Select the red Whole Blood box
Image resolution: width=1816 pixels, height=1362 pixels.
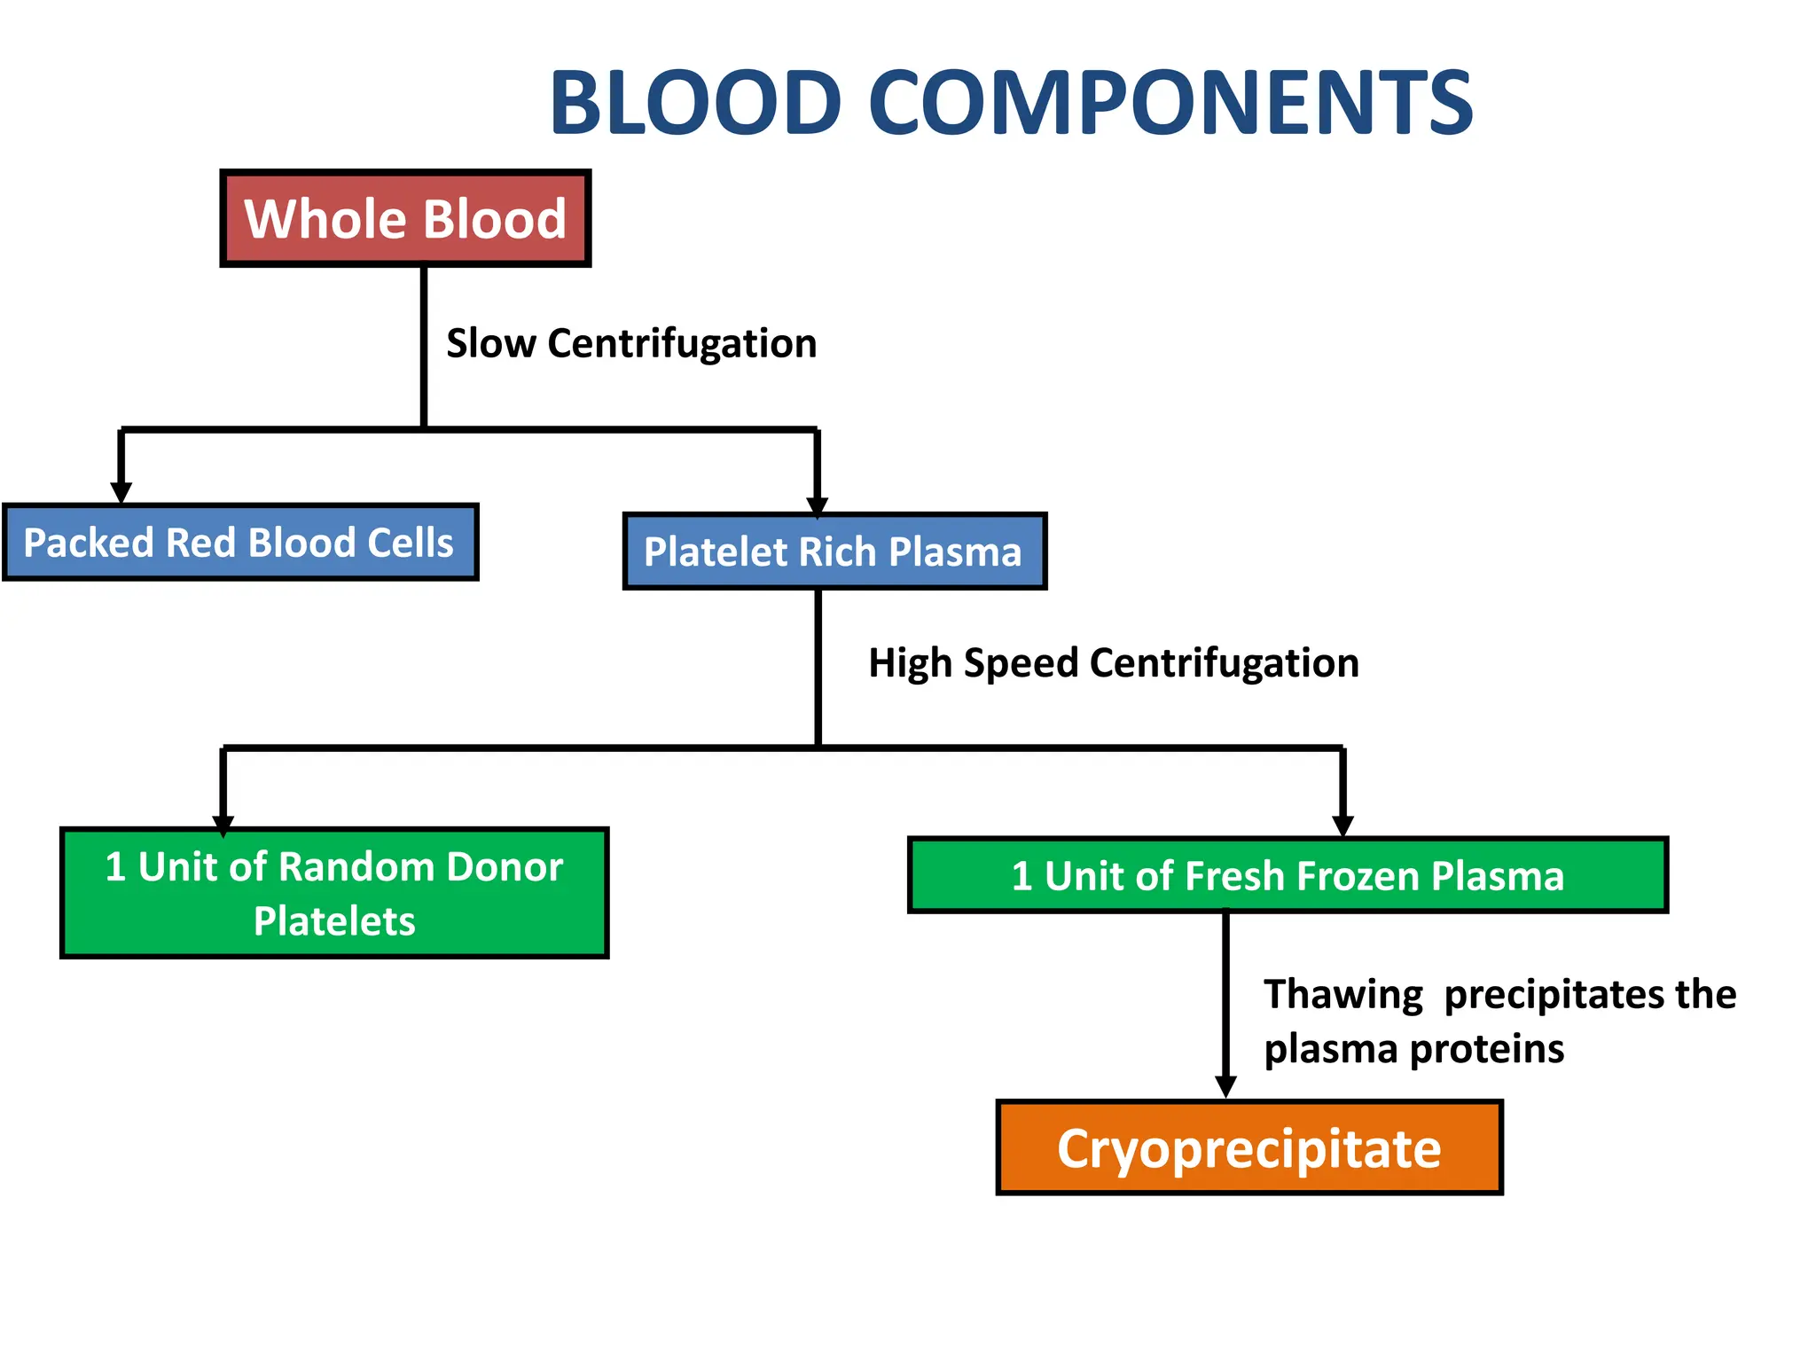pyautogui.click(x=405, y=218)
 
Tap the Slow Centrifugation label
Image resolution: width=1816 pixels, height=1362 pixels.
pyautogui.click(x=630, y=343)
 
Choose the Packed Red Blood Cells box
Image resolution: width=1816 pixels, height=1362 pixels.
pyautogui.click(x=239, y=543)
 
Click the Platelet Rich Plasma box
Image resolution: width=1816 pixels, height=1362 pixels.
pyautogui.click(x=834, y=552)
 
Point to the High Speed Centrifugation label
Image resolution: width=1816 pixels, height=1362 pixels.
pyautogui.click(x=1113, y=663)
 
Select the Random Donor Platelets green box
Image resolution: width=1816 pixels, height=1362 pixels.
pyautogui.click(x=334, y=893)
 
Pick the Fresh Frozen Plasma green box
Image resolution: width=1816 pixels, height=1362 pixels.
pyautogui.click(x=1288, y=876)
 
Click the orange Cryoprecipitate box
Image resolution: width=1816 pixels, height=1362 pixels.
pyautogui.click(x=1248, y=1148)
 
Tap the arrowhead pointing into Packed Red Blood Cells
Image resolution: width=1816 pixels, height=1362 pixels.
pyautogui.click(x=121, y=493)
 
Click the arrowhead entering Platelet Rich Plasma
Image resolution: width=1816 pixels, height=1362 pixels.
pyautogui.click(x=818, y=505)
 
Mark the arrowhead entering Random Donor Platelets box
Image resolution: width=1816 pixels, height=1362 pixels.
pyautogui.click(x=223, y=825)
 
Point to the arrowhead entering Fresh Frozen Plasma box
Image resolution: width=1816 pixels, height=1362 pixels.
pyautogui.click(x=1342, y=826)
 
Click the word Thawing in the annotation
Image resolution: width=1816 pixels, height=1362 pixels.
pyautogui.click(x=1342, y=995)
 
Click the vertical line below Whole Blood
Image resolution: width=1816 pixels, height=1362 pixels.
pyautogui.click(x=424, y=346)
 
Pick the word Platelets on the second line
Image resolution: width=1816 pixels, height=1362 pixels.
pyautogui.click(x=334, y=921)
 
